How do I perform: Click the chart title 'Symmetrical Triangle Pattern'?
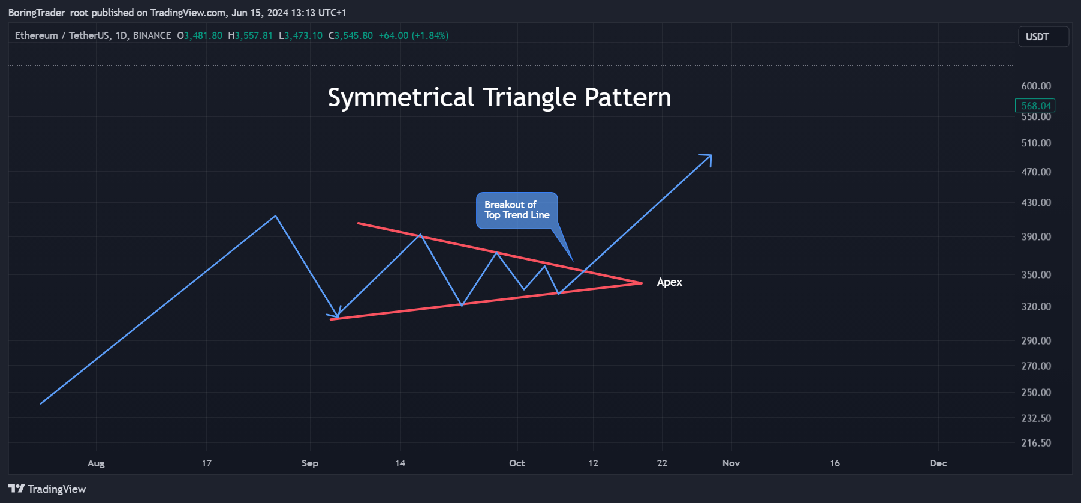tap(499, 98)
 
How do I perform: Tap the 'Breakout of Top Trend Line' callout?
tap(517, 210)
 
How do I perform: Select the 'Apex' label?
tap(670, 282)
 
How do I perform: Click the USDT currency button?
tap(1043, 37)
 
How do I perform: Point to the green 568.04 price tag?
tap(1035, 106)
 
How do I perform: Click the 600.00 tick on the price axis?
tap(1036, 86)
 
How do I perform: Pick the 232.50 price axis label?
tap(1036, 418)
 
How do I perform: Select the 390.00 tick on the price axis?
tap(1036, 236)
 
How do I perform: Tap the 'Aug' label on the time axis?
tap(96, 463)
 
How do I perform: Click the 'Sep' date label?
tap(310, 463)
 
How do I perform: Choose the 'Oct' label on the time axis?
tap(517, 463)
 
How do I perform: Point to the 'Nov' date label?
tap(731, 463)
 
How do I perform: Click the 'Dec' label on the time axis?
tap(938, 463)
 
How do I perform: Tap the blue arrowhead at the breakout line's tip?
tap(711, 155)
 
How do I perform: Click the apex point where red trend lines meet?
tap(642, 283)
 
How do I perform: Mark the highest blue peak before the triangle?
tap(275, 216)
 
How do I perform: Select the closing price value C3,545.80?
tap(351, 35)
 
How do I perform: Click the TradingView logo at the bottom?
tap(47, 489)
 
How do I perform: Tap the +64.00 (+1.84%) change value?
tap(414, 35)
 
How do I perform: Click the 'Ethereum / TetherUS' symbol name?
tap(62, 35)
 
